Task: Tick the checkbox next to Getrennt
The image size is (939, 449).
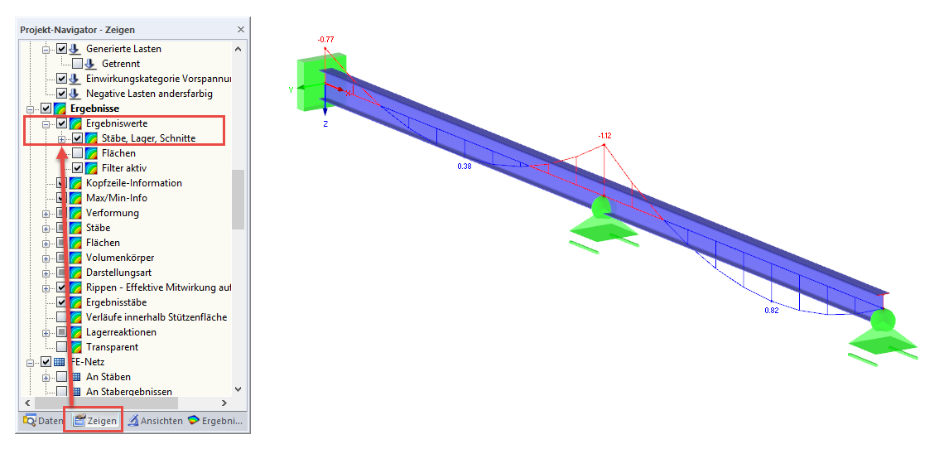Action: click(x=77, y=64)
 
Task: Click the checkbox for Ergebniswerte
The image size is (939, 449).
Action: click(x=61, y=123)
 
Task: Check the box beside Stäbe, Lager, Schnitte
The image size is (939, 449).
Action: click(x=77, y=138)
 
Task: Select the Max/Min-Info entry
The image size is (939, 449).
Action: click(x=116, y=198)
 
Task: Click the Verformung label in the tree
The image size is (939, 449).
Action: click(x=113, y=213)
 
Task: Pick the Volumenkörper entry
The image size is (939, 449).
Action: click(x=120, y=258)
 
